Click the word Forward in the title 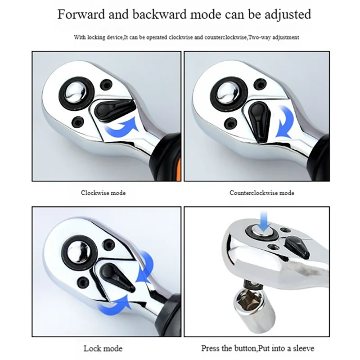[x=81, y=14]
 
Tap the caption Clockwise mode [x=103, y=193]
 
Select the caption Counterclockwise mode [x=262, y=193]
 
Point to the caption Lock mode [x=103, y=348]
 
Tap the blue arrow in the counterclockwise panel [x=285, y=121]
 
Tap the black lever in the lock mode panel [x=117, y=277]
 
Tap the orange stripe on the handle [x=178, y=167]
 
